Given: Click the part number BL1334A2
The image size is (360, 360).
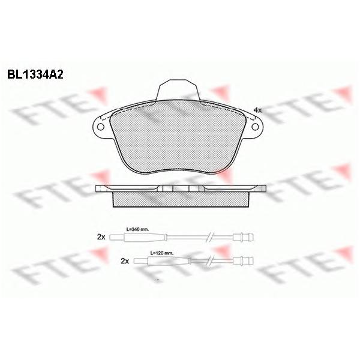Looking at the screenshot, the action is point(35,74).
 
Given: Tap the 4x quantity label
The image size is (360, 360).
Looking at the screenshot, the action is point(257,110).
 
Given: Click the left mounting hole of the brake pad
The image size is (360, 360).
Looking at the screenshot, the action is point(100,127).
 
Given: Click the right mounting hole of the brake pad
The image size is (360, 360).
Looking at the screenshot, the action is point(255,127).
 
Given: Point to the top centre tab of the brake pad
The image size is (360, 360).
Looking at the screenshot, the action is point(178,90).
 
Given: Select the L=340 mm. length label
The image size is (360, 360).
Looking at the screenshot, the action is point(137,229).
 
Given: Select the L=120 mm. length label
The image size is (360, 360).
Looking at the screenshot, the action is point(162,253).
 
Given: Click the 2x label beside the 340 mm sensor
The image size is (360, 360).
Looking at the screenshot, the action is point(101,237).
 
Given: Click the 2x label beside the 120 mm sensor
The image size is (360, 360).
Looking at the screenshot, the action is point(125,261).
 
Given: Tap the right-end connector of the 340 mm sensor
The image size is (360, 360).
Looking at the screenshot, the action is point(243,237).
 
